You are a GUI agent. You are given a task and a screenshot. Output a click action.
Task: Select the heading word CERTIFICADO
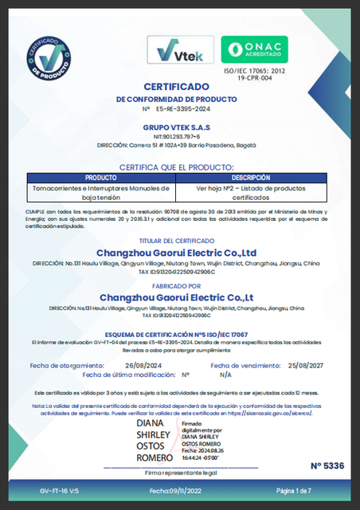180,85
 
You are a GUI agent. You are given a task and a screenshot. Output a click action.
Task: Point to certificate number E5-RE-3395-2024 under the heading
185,108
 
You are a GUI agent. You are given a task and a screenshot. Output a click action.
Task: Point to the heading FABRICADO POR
180,284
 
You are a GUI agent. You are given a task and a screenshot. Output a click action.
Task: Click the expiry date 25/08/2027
304,365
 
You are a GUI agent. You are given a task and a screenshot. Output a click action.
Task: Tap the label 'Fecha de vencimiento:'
241,365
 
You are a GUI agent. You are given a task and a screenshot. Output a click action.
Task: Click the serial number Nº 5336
327,465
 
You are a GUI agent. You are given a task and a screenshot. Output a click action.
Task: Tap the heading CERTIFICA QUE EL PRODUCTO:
180,167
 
